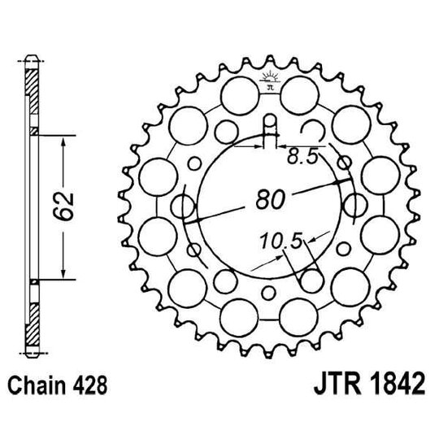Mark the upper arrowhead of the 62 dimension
(63, 136)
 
